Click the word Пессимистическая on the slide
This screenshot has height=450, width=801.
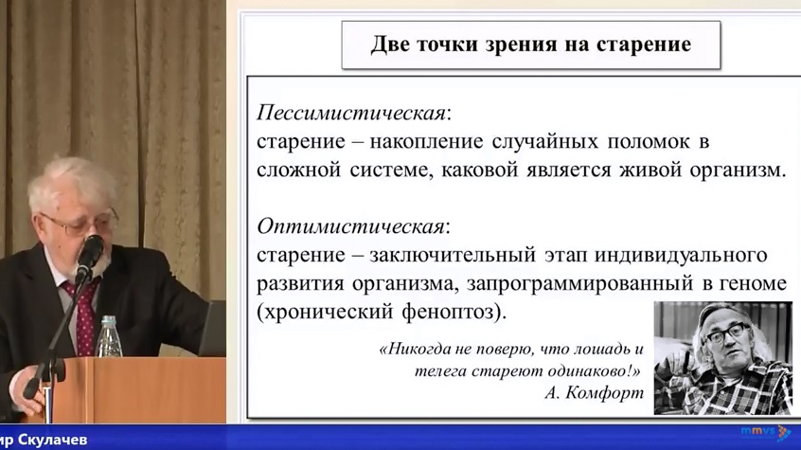351,113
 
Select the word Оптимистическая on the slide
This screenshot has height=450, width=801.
350,226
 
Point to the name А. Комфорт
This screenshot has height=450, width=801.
594,393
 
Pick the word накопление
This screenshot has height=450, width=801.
425,142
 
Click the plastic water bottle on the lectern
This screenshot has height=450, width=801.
109,336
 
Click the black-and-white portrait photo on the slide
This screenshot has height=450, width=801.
722,357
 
